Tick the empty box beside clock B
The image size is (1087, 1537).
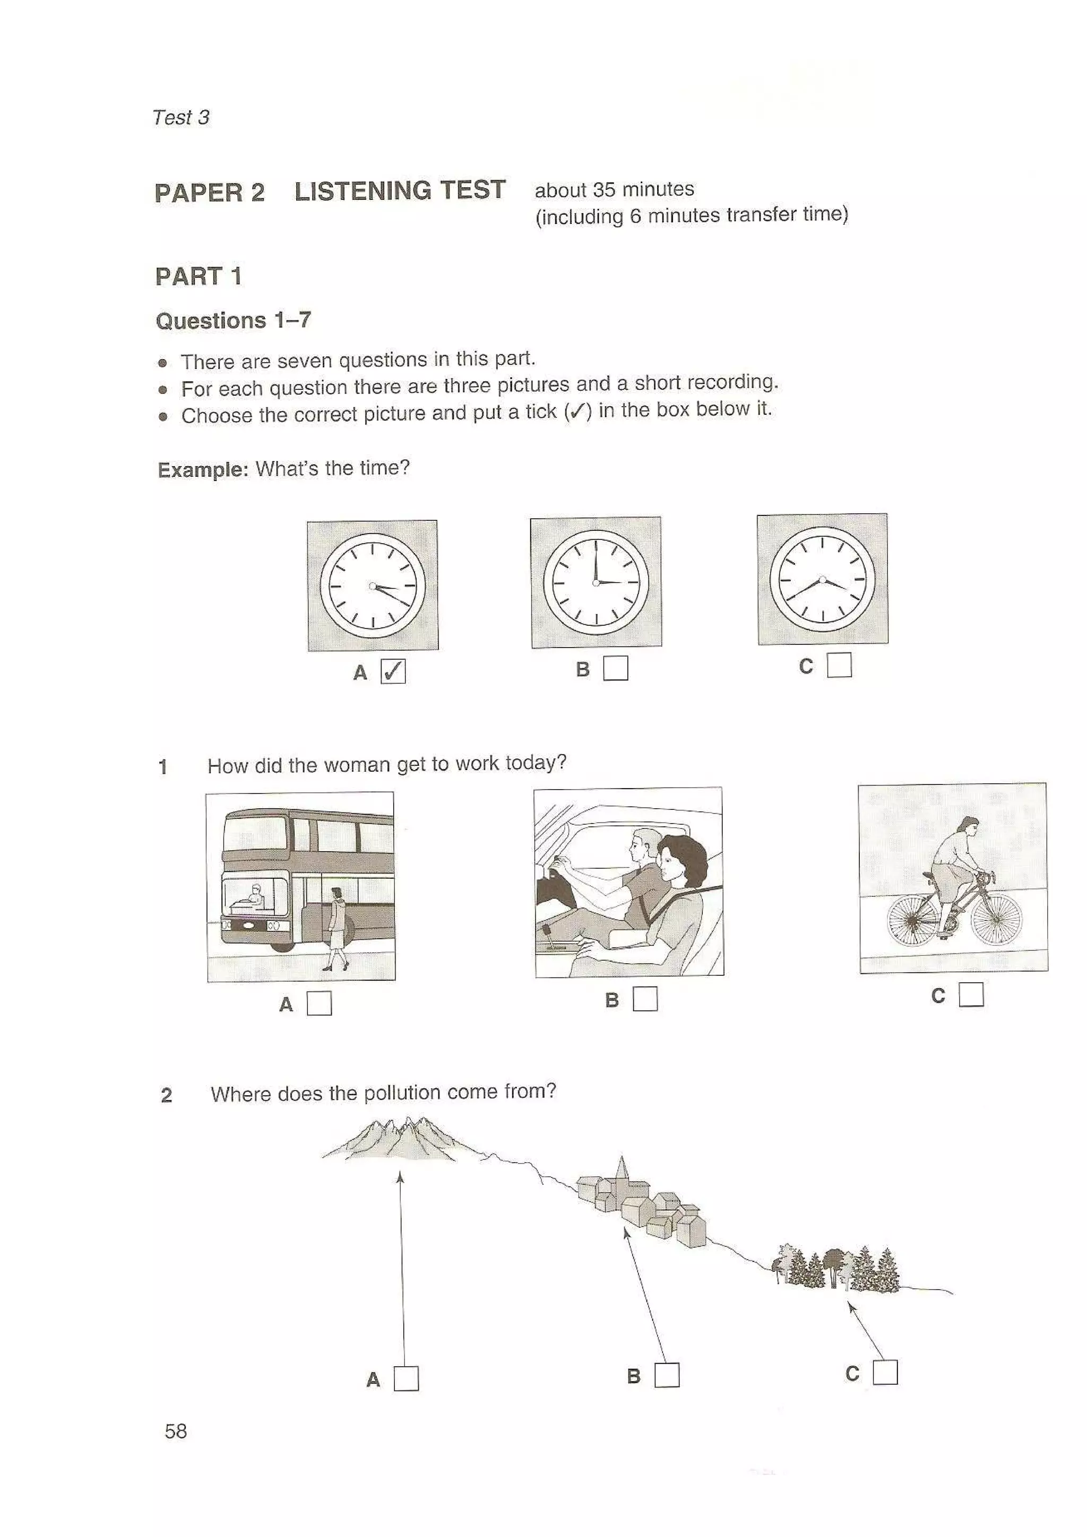(616, 667)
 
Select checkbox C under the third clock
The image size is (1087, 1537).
(839, 665)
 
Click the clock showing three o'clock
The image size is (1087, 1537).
(596, 582)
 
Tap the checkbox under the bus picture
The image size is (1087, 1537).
(319, 1003)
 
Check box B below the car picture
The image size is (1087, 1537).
(645, 999)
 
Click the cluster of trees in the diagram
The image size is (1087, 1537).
(837, 1267)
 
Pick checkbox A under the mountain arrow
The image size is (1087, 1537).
(406, 1378)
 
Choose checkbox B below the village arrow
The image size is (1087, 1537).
(667, 1375)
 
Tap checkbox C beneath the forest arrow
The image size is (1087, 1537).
(885, 1373)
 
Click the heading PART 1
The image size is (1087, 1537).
(199, 276)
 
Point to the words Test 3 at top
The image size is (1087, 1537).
(181, 118)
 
